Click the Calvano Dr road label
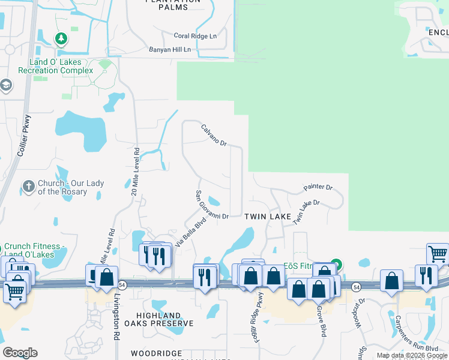(x=214, y=135)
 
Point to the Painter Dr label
(x=318, y=187)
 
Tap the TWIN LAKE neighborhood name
(x=267, y=216)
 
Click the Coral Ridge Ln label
(x=195, y=36)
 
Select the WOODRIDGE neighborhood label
(x=156, y=353)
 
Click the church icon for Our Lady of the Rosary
(x=28, y=187)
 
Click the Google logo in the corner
(x=20, y=353)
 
